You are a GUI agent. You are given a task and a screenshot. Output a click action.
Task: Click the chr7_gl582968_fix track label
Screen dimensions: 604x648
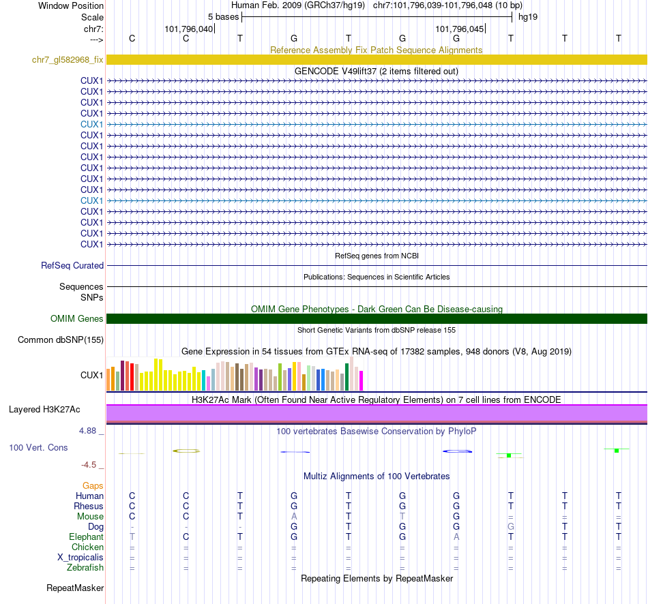68,60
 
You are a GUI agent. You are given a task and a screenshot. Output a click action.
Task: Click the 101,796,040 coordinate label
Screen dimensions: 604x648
189,29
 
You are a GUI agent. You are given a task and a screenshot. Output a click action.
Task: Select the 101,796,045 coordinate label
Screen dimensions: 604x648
459,29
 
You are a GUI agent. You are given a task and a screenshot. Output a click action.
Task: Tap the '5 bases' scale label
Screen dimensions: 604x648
223,16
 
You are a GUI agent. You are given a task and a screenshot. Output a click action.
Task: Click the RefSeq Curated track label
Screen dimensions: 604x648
72,266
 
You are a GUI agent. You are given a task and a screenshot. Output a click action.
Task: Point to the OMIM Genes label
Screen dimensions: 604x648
77,318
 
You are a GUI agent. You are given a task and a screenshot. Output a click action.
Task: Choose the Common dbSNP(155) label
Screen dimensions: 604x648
61,339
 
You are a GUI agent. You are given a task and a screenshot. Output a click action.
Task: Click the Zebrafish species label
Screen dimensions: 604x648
85,567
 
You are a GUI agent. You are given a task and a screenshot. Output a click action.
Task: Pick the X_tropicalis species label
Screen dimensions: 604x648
80,557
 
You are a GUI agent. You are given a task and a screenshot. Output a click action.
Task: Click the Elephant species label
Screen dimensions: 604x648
86,537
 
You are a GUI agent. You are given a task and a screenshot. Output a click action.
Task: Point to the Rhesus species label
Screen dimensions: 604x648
89,506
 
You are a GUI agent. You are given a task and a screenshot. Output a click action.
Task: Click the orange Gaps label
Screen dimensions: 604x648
93,485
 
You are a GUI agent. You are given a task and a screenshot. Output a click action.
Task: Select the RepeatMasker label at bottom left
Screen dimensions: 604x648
75,588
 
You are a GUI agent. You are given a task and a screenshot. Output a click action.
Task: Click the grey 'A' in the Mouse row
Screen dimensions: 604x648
294,516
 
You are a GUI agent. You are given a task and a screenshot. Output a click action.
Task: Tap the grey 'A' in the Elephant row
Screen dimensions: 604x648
456,537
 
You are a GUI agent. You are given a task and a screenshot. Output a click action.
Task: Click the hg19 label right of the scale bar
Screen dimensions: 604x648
528,16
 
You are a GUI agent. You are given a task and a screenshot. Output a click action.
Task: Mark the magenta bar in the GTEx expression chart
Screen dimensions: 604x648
362,380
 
